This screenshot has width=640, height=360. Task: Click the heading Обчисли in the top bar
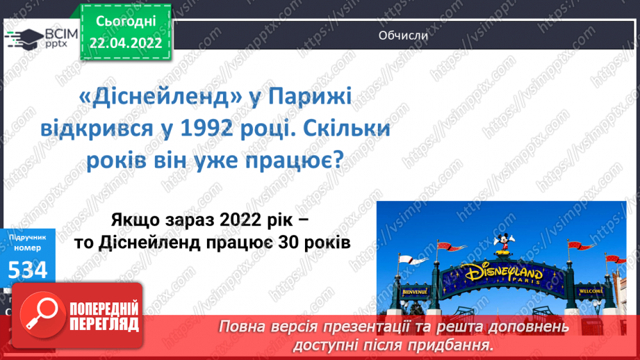(403, 35)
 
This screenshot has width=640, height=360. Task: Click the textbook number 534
(28, 269)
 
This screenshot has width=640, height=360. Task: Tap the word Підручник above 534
(28, 237)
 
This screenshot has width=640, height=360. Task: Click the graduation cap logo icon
(24, 37)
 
